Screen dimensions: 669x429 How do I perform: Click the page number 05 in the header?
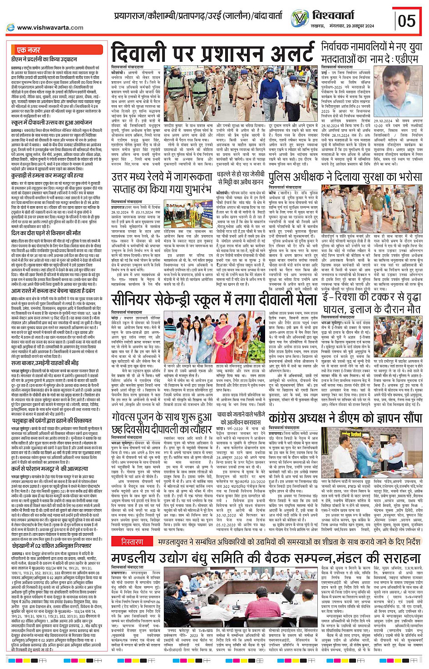(x=406, y=20)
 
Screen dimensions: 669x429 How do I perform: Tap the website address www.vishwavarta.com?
(x=50, y=28)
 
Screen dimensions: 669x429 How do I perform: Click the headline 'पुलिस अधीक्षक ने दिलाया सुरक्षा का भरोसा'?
(x=345, y=177)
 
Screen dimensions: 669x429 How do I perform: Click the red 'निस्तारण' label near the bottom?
(x=132, y=542)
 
